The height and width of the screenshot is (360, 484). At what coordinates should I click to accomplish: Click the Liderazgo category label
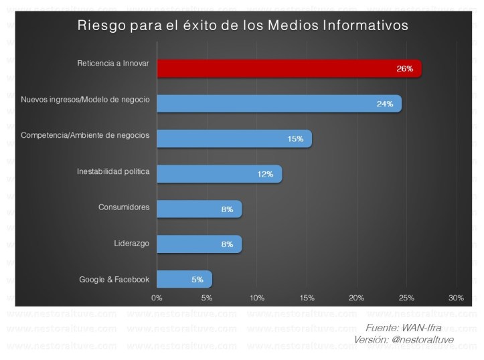[133, 244]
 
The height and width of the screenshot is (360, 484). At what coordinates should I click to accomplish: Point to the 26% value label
[404, 69]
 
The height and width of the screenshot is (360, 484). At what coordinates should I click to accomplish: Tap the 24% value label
[384, 104]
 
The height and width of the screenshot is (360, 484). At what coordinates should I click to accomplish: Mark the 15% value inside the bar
[295, 139]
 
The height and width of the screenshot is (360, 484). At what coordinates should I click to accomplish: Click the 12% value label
[265, 174]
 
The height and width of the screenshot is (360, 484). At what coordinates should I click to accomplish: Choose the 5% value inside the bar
[197, 279]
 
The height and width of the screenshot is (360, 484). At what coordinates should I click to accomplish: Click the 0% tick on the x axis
[157, 297]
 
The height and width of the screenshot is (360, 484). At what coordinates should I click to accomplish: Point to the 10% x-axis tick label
[257, 297]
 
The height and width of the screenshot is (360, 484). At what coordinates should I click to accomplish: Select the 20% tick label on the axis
[356, 297]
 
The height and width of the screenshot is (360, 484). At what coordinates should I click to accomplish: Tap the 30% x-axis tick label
[456, 297]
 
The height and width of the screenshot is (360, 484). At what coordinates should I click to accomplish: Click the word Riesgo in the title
[101, 27]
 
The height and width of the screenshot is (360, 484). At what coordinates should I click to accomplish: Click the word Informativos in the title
[364, 27]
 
